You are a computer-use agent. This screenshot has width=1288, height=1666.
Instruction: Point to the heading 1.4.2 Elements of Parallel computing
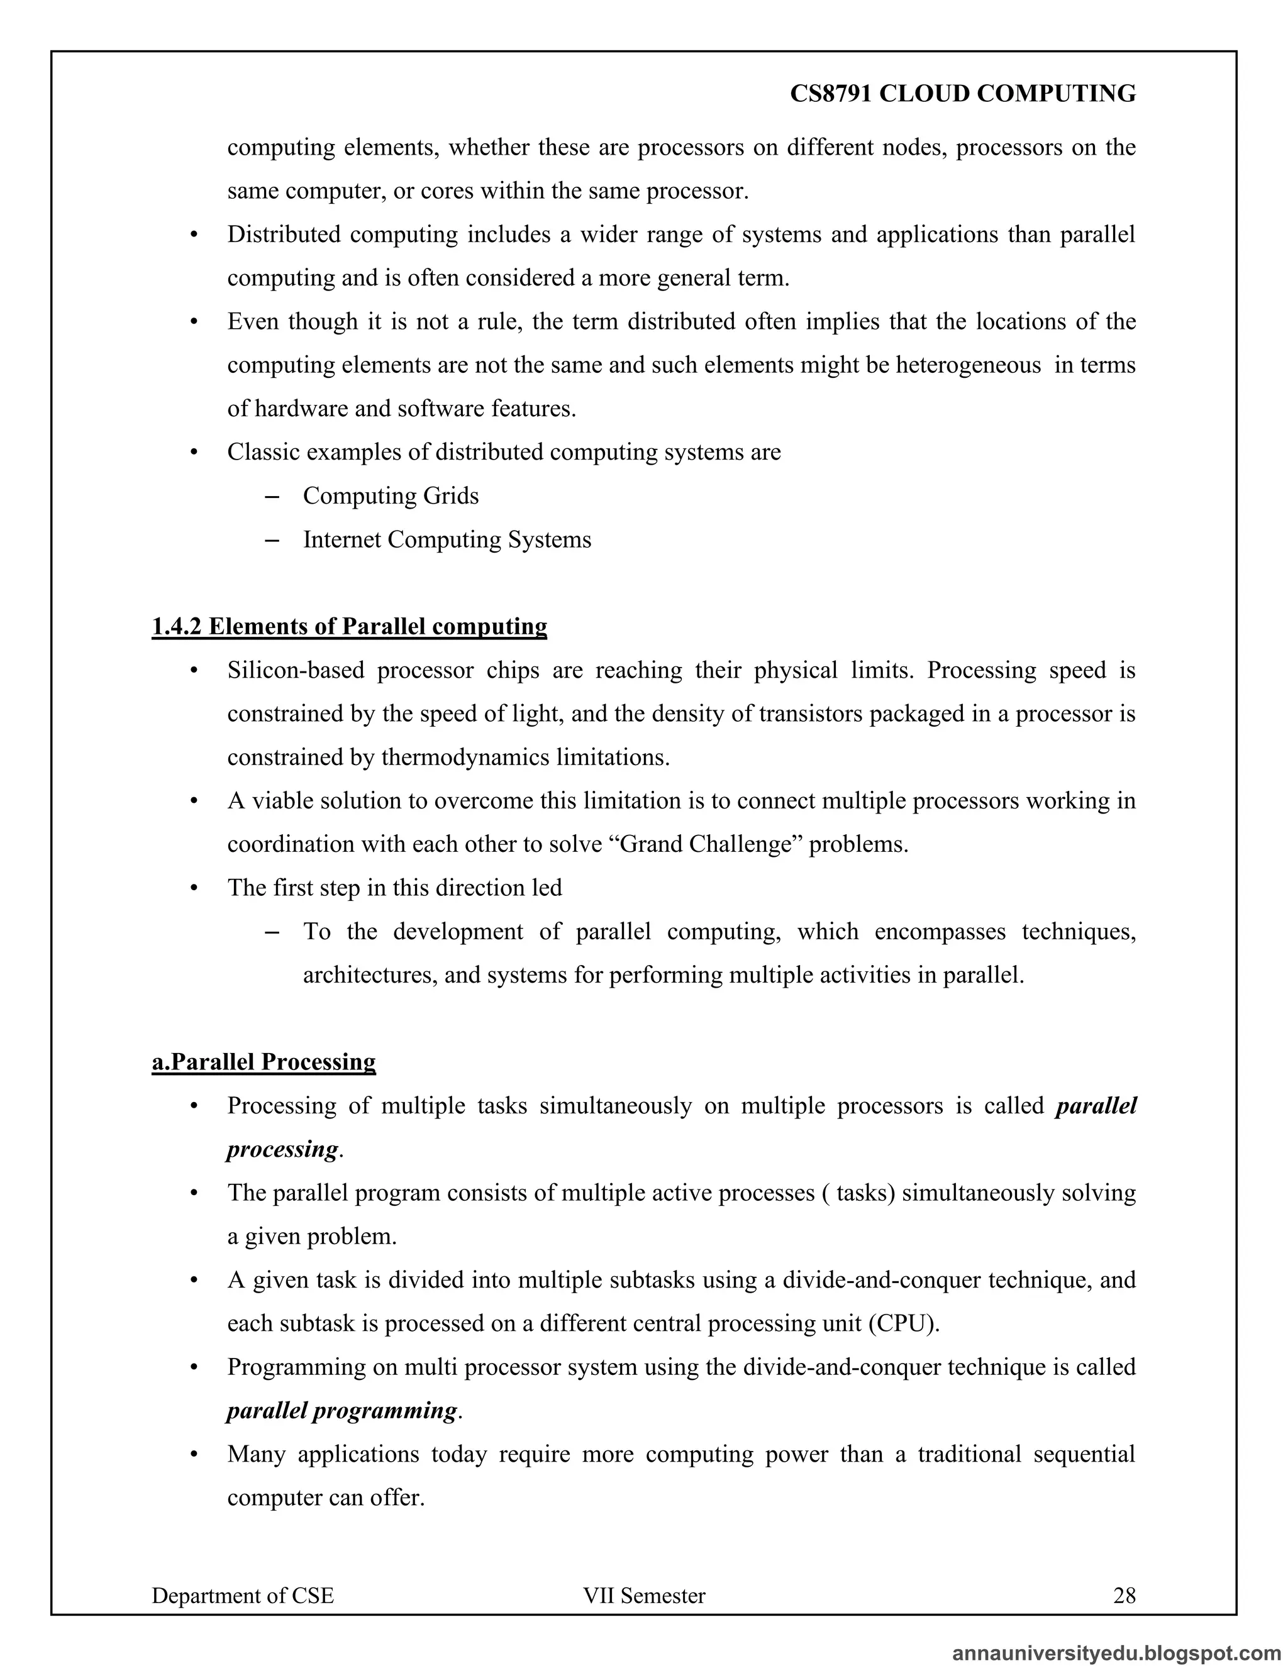(x=350, y=626)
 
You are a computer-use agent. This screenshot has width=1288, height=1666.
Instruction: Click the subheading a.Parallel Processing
(x=264, y=1062)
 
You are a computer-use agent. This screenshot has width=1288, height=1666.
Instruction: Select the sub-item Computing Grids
(x=391, y=496)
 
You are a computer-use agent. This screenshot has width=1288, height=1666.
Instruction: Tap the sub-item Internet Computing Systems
(x=447, y=539)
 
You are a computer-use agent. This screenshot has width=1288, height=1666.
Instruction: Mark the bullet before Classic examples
(x=194, y=453)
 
